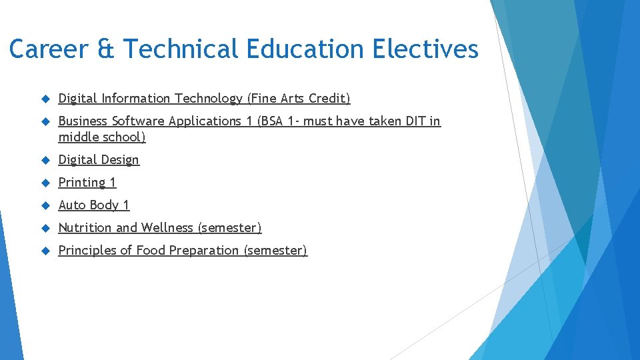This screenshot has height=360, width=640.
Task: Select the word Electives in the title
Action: click(425, 49)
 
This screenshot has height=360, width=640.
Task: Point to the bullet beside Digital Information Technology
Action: click(45, 99)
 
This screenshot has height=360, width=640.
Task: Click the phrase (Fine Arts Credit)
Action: click(298, 99)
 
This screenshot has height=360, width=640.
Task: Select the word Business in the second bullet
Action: click(83, 121)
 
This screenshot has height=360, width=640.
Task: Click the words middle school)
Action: click(102, 137)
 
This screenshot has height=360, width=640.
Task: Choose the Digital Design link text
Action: click(99, 160)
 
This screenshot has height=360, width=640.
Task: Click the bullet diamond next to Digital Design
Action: click(45, 160)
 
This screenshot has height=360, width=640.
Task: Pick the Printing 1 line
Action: click(87, 183)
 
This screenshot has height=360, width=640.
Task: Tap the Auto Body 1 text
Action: click(93, 205)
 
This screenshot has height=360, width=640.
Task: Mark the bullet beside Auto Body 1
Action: click(45, 205)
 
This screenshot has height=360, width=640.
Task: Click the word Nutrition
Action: click(85, 228)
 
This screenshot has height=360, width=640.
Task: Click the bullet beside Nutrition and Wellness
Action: click(45, 228)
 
